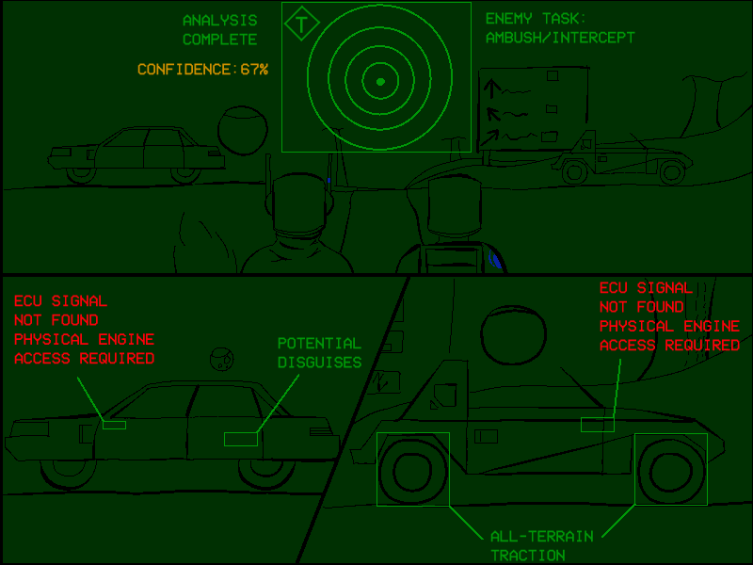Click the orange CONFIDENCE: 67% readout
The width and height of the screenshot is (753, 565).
click(202, 70)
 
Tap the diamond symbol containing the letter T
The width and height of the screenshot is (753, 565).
click(301, 24)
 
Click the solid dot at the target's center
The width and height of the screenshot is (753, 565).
click(380, 82)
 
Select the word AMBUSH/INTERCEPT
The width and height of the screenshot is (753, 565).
click(560, 38)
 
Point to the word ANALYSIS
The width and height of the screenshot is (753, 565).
click(220, 21)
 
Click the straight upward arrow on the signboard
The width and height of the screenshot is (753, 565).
click(491, 89)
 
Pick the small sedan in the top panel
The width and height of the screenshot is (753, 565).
click(136, 154)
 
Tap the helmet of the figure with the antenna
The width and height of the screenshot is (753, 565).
click(298, 202)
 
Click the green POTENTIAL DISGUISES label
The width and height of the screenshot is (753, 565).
click(320, 352)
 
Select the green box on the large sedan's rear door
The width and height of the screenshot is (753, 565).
click(241, 439)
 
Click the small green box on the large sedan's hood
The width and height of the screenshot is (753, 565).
click(114, 425)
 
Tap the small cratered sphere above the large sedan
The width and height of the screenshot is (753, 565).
click(222, 359)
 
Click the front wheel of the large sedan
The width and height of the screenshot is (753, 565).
click(69, 473)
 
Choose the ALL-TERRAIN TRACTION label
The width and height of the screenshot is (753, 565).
click(542, 546)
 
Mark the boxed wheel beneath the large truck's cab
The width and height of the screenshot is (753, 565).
click(413, 469)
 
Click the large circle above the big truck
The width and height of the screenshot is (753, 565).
click(513, 334)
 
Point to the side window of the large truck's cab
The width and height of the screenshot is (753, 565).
click(444, 395)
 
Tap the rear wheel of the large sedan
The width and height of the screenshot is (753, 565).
click(266, 473)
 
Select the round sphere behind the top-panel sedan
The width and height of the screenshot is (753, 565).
click(243, 131)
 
